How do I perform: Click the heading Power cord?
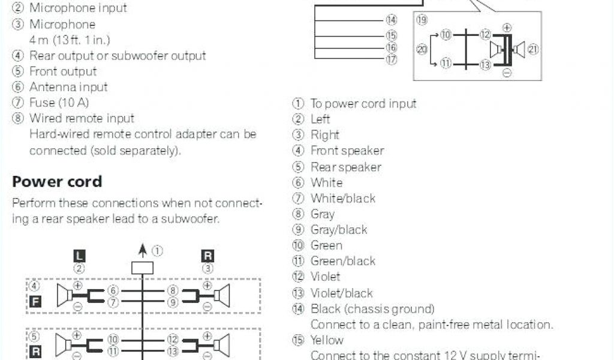pos(57,182)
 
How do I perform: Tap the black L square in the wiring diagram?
pos(79,256)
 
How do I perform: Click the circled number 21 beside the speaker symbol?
pos(533,50)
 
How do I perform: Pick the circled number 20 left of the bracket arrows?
pos(422,50)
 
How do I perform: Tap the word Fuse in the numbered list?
pos(42,103)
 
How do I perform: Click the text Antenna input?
pos(68,87)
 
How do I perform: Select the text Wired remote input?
pos(82,118)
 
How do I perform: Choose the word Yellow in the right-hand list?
pos(327,340)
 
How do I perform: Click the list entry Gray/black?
pos(338,230)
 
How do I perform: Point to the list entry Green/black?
pos(342,261)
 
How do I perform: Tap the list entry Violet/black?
pos(341,293)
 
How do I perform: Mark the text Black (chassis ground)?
pos(372,309)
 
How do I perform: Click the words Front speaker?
pos(347,151)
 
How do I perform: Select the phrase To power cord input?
pos(363,104)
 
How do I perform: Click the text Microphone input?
pos(78,8)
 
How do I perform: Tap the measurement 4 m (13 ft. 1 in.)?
pos(70,40)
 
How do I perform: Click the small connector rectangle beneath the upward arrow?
pos(143,269)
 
